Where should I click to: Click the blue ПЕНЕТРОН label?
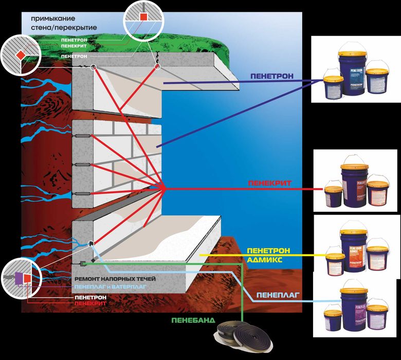pos(272,76)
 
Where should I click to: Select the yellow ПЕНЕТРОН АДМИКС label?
pos(268,254)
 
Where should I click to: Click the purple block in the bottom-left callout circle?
pos(18,278)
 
